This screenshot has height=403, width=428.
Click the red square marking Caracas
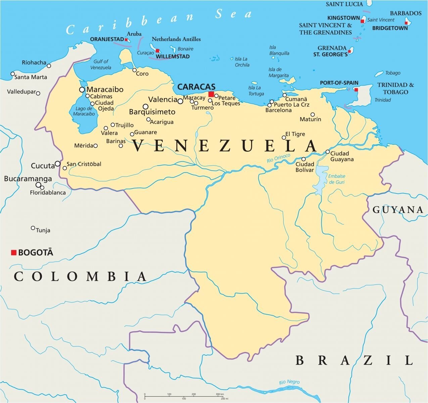click(x=211, y=94)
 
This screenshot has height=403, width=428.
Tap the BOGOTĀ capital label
click(x=36, y=253)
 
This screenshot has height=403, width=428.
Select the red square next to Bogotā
click(x=14, y=252)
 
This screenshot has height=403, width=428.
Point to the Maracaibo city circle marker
click(x=82, y=90)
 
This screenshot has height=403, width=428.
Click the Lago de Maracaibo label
click(x=84, y=111)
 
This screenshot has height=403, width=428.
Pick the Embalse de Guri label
click(x=336, y=179)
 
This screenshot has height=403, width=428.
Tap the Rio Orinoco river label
click(x=278, y=159)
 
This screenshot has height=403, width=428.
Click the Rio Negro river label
click(x=289, y=382)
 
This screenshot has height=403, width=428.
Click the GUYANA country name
click(x=398, y=210)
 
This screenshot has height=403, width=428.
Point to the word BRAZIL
click(x=354, y=360)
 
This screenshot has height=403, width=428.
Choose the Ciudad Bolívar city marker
click(x=303, y=159)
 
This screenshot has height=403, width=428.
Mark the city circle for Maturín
click(x=313, y=115)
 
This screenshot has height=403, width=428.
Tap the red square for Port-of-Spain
click(x=356, y=90)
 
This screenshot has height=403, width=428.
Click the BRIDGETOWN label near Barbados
click(x=390, y=28)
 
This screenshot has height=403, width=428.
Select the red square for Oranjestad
click(x=126, y=40)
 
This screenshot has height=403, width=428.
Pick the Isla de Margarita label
click(x=278, y=73)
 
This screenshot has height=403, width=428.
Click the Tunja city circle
click(x=33, y=228)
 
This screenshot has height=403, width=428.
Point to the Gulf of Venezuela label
click(x=101, y=64)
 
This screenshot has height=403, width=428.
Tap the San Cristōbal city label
click(x=84, y=164)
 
